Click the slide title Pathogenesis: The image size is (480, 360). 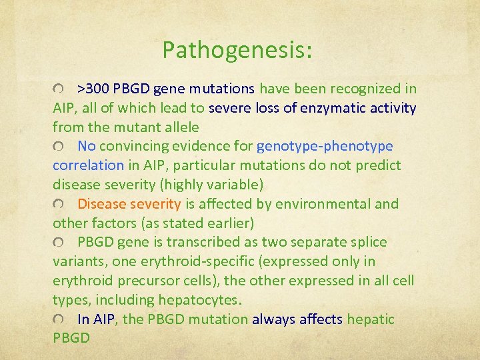237,50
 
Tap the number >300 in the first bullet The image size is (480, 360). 93,89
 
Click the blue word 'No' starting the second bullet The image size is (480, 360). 87,146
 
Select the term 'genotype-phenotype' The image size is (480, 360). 325,146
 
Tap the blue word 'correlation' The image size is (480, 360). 88,165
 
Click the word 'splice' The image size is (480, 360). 368,242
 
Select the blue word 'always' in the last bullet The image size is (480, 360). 273,319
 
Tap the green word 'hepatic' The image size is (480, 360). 371,319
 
